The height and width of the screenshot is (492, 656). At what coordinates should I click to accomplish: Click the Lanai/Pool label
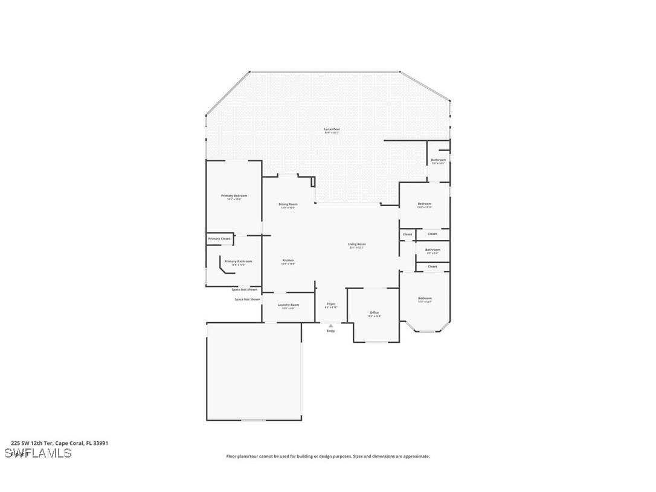pos(328,129)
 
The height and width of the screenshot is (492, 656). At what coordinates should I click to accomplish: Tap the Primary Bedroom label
pos(234,196)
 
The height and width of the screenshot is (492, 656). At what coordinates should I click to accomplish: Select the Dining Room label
pos(288,204)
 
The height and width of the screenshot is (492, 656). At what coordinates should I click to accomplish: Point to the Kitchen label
pos(288,261)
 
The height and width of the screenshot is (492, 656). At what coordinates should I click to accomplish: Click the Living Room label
pos(357,244)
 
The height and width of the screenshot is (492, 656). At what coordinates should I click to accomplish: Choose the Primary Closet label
pos(219,239)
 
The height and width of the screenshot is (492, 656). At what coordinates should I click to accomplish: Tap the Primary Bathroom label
pos(238,262)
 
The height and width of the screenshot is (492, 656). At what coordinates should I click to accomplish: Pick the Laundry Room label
pos(288,305)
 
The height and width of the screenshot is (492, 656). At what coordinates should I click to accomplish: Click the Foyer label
pos(331,304)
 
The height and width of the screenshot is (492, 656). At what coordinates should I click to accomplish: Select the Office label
pos(375,312)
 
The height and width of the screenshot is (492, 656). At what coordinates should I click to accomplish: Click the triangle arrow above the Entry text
pos(330,326)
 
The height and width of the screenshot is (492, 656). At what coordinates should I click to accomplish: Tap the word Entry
pos(330,331)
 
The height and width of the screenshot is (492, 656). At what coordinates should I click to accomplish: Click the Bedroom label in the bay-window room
pos(425,298)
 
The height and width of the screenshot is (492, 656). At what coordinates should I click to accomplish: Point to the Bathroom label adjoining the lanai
pos(438,160)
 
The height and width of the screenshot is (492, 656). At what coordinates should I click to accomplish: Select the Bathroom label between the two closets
pos(433,250)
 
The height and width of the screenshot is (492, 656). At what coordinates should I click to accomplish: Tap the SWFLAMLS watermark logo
pos(37,453)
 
